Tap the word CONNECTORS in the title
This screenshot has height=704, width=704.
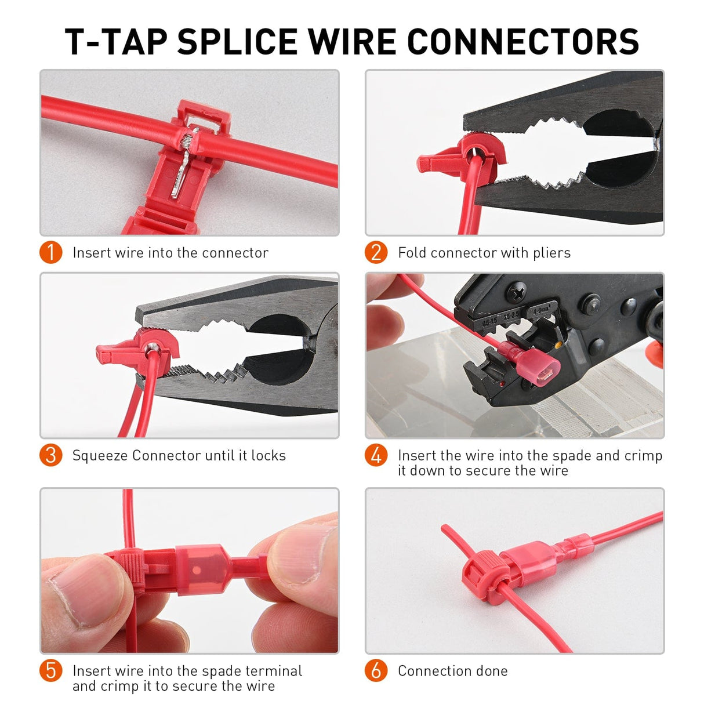(x=522, y=42)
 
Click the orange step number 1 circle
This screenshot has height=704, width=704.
(x=51, y=253)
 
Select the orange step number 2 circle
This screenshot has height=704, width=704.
(x=376, y=253)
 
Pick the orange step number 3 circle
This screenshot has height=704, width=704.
(x=51, y=455)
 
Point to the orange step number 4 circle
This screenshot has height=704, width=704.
(x=376, y=455)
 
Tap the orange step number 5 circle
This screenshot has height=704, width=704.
(x=51, y=670)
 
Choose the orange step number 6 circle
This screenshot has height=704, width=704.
(x=376, y=670)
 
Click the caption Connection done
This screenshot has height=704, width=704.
(x=452, y=671)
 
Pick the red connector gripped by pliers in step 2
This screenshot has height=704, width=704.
(x=464, y=154)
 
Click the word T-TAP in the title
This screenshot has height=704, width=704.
(x=115, y=42)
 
